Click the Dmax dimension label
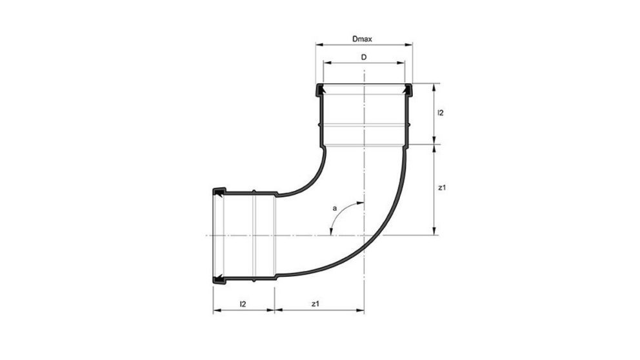click(363, 39)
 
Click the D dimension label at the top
click(364, 57)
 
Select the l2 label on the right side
click(440, 113)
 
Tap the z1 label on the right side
click(441, 188)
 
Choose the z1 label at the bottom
click(314, 303)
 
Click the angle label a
click(334, 208)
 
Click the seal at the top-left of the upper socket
click(319, 91)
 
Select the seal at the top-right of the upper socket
click(408, 91)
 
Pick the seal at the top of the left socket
click(219, 192)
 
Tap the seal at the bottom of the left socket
click(219, 279)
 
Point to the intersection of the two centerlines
click(365, 235)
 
